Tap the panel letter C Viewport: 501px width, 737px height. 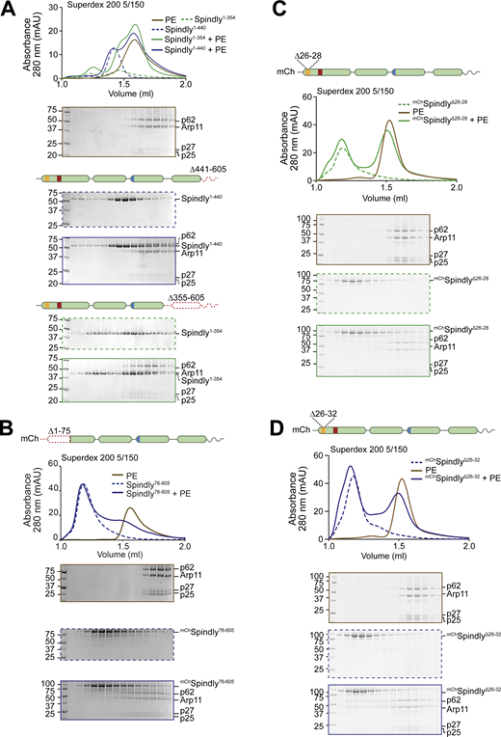(x=258, y=9)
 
